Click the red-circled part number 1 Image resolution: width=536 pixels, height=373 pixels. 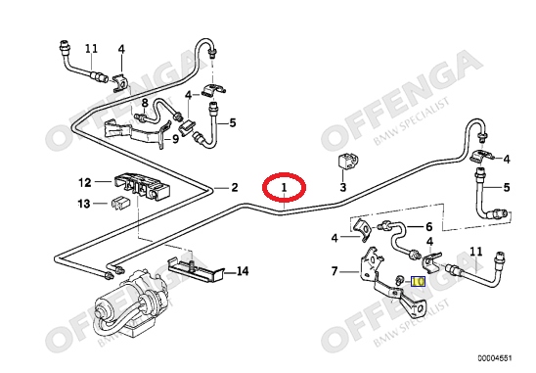tap(284, 187)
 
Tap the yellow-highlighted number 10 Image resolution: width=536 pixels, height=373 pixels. tap(418, 281)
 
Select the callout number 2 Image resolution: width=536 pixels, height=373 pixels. tap(234, 187)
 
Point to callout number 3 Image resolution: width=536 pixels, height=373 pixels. tap(343, 187)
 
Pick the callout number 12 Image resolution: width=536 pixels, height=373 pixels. tap(85, 182)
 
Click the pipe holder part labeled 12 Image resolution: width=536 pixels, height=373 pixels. tap(141, 186)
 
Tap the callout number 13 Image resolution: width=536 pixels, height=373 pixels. tap(84, 204)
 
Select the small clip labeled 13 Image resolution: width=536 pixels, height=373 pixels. tap(119, 204)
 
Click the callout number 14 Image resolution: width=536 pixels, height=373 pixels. tap(243, 271)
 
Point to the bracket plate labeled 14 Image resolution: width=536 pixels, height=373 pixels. tap(196, 270)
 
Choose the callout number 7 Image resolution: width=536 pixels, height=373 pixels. tap(335, 271)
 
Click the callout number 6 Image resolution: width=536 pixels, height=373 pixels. tap(428, 226)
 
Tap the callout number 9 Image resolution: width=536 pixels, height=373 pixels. tap(175, 139)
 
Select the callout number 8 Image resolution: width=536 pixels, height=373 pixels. tap(145, 103)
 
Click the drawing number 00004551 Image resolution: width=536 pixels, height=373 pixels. tap(495, 358)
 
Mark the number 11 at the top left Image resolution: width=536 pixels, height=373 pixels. tap(91, 49)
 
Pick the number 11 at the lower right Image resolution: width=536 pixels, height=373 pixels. tap(475, 252)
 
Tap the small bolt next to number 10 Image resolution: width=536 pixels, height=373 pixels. tap(399, 280)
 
